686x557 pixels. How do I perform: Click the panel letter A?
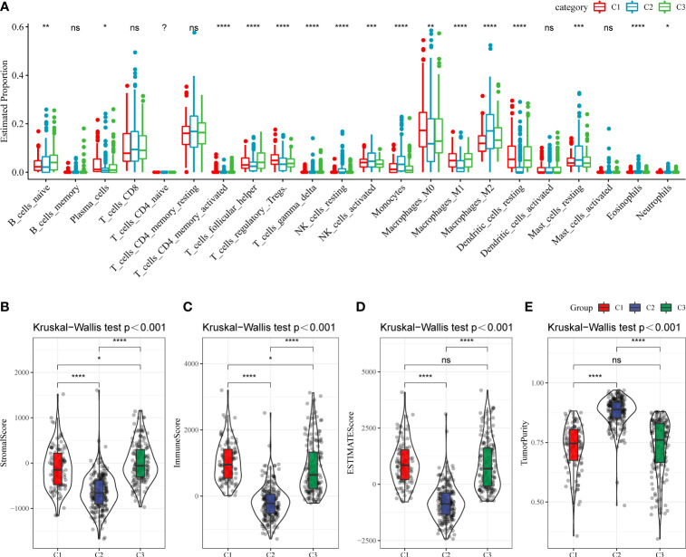click(7, 8)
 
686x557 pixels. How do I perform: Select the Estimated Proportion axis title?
click(7, 101)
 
